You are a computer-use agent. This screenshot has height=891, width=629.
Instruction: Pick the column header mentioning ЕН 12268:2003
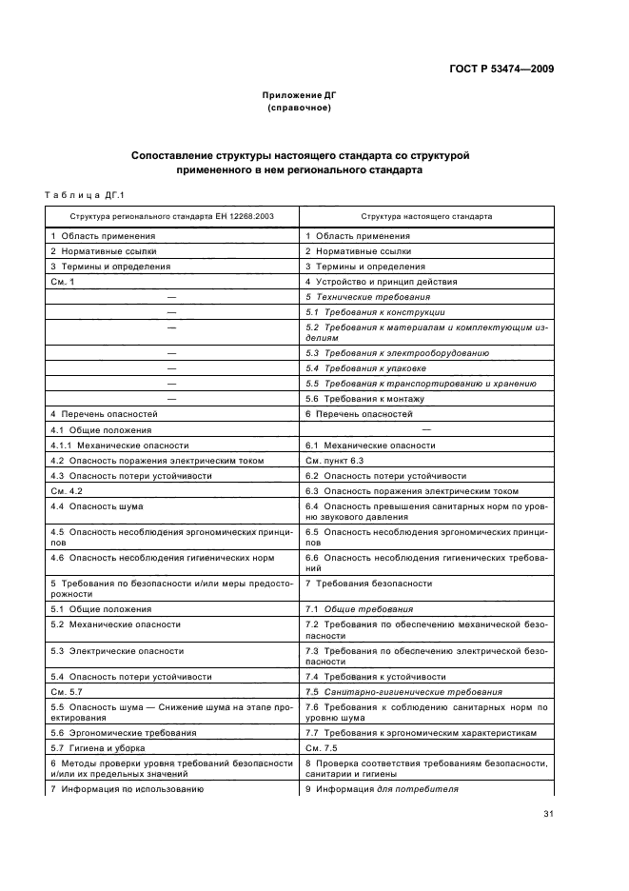[172, 216]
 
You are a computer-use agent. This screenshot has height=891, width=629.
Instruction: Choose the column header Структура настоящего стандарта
[426, 216]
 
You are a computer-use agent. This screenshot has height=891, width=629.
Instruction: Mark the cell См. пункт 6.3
[337, 460]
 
